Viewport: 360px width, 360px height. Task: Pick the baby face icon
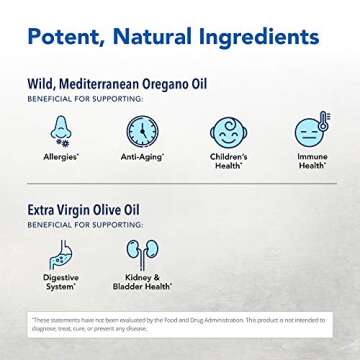point(230,134)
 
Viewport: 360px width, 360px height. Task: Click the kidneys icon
point(143,254)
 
